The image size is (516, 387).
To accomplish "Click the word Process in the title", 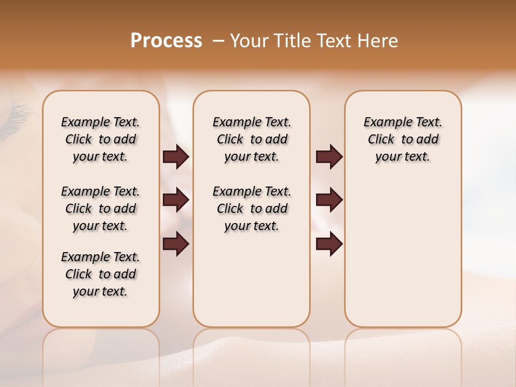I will (x=166, y=41).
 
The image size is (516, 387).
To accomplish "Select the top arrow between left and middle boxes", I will (x=176, y=157).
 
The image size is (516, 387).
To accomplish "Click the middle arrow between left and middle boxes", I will (x=176, y=200).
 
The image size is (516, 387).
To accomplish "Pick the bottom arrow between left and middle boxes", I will (x=176, y=244).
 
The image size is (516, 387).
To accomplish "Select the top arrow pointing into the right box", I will (x=329, y=157).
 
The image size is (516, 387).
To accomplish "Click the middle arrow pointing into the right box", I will (x=329, y=200).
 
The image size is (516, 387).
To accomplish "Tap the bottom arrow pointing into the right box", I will (x=329, y=244).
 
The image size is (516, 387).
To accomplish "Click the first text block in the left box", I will (x=101, y=139).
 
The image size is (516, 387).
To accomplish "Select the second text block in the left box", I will (x=101, y=209).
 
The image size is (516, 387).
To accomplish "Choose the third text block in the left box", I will (x=101, y=274).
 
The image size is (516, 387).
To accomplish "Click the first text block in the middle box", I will (x=252, y=139).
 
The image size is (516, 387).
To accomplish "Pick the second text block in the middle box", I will (x=252, y=209).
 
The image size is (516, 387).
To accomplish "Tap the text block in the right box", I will (x=403, y=139).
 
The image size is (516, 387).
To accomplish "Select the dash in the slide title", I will (x=218, y=41).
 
